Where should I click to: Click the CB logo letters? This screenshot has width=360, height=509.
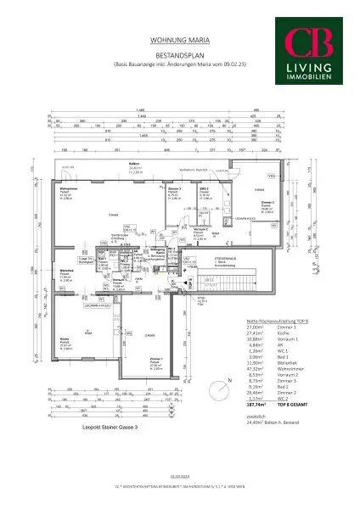pyautogui.click(x=313, y=42)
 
